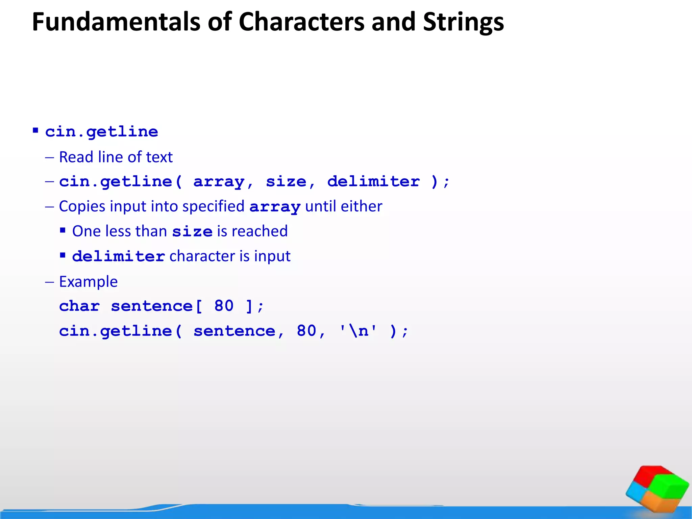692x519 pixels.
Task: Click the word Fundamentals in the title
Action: [116, 22]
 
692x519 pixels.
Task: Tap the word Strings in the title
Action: [463, 22]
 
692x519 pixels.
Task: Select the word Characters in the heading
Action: [302, 22]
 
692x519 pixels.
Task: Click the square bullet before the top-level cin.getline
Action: [35, 130]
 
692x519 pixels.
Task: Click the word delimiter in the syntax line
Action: [373, 182]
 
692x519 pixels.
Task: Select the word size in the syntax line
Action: [286, 182]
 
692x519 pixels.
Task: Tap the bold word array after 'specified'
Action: [275, 207]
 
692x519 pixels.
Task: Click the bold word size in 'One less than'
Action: [192, 232]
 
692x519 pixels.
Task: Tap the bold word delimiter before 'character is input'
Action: [119, 256]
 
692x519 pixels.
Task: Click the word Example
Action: [88, 281]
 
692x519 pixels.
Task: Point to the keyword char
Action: [79, 306]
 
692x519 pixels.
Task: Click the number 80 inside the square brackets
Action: [224, 306]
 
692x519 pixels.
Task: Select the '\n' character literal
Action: [358, 331]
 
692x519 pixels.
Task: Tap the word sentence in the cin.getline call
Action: [234, 331]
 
